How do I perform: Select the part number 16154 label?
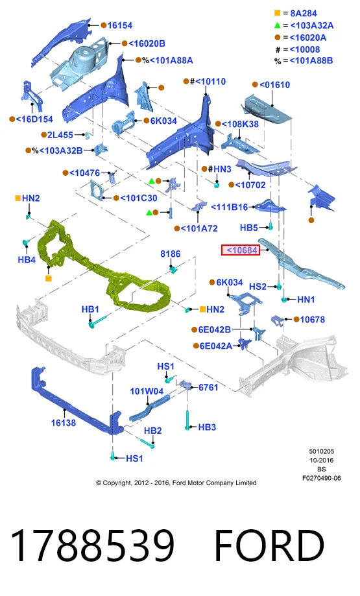[120, 25]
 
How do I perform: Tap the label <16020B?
[147, 43]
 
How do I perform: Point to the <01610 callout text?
[275, 85]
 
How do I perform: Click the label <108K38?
[240, 125]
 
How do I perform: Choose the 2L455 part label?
[60, 135]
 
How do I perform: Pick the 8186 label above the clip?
[171, 254]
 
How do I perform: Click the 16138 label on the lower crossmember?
[64, 423]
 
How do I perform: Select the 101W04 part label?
[147, 391]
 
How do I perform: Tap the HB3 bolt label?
[207, 427]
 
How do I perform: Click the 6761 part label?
[208, 387]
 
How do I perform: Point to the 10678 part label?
[313, 320]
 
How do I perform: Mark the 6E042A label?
[216, 346]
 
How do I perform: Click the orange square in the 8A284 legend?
[278, 13]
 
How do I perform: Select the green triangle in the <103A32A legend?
[278, 25]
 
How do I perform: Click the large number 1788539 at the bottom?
[93, 546]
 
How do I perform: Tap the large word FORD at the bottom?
[269, 546]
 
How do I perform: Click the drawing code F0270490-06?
[322, 478]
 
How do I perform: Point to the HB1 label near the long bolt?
[90, 309]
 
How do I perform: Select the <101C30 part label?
[139, 198]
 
